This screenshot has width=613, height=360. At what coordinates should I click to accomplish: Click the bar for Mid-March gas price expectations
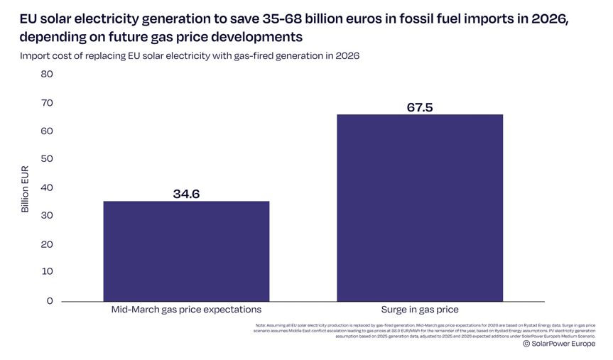(186, 251)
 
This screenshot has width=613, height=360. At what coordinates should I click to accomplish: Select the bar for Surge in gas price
(420, 208)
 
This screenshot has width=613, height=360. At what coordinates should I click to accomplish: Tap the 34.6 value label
(186, 193)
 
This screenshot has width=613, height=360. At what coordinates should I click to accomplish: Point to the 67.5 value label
(420, 107)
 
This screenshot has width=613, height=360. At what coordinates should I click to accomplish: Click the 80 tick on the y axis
(47, 74)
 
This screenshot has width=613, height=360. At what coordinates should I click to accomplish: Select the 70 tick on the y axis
(47, 103)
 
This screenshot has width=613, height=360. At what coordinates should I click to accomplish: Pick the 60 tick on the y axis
(47, 131)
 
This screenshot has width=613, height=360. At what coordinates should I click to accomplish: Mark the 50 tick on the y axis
(47, 158)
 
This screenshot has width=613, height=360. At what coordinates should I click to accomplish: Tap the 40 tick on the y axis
(47, 187)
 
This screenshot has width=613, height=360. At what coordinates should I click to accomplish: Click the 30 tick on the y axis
(47, 215)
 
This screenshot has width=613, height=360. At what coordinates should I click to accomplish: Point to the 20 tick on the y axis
(47, 244)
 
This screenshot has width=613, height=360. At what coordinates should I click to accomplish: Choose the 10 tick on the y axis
(47, 271)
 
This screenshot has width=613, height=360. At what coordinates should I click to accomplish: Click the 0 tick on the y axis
(50, 300)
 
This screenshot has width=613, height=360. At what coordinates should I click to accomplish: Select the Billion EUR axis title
(25, 189)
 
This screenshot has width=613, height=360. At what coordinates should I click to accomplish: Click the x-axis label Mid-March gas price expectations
(186, 310)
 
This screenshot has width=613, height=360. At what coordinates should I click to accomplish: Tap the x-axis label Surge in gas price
(420, 310)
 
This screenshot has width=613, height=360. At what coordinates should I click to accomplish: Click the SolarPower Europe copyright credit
(559, 344)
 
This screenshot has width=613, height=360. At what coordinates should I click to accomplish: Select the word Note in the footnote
(260, 325)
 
